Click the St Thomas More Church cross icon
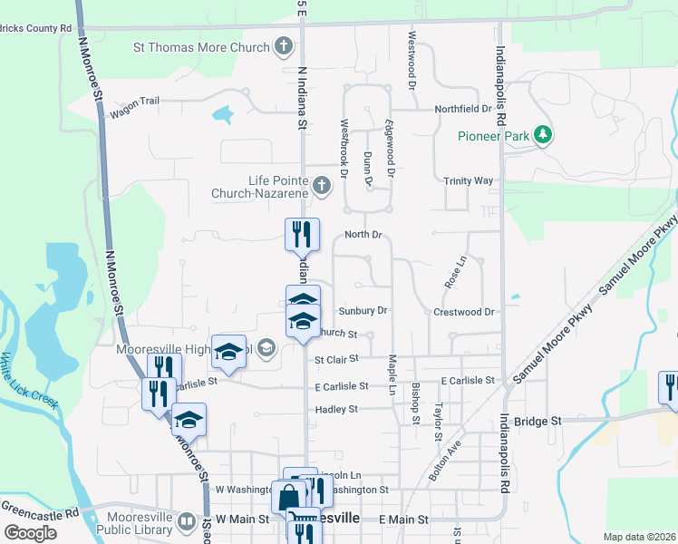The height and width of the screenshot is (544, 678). tap(284, 47)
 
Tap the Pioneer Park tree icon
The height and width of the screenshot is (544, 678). tap(543, 136)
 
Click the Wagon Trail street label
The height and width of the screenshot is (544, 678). tap(134, 102)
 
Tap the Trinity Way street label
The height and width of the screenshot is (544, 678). tap(468, 180)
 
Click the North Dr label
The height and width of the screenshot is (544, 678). tap(363, 235)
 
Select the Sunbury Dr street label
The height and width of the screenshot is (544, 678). tap(364, 310)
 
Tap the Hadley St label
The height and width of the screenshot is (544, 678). tap(336, 410)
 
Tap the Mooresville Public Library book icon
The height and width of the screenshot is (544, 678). tap(185, 520)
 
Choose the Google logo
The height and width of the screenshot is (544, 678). tap(31, 533)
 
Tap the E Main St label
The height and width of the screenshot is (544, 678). tap(402, 519)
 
